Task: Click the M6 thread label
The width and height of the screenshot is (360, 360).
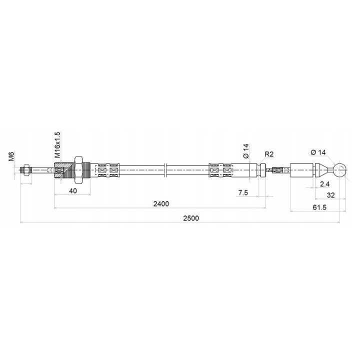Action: point(11,156)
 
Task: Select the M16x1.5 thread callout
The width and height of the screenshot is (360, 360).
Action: point(57,144)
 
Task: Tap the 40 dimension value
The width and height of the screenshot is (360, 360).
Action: point(73,190)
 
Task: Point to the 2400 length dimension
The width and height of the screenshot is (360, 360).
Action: point(161,203)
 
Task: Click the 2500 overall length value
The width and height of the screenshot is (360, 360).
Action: point(191,218)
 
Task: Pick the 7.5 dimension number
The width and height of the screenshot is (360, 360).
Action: point(243,192)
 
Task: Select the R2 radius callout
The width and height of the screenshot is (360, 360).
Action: point(269,154)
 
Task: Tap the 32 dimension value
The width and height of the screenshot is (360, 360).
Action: point(330,195)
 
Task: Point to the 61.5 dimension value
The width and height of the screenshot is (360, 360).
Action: point(319,207)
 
